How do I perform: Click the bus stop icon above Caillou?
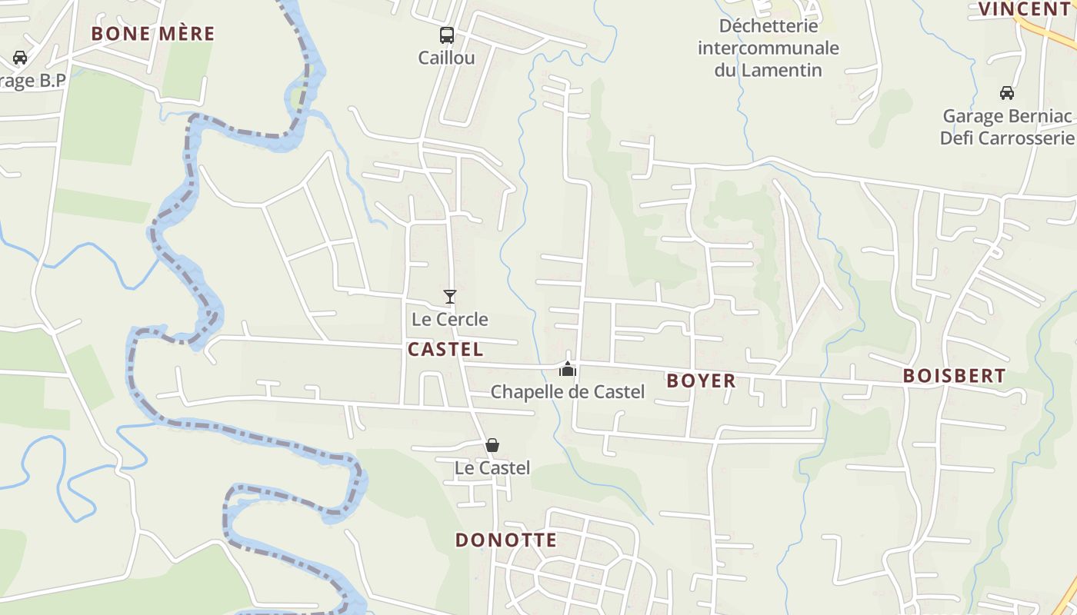point(446,35)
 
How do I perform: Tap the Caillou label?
point(446,58)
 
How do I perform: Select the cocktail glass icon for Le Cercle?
point(450,297)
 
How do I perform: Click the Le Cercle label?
point(450,319)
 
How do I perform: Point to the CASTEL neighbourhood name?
point(445,350)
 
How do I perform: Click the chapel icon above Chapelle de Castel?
point(568,369)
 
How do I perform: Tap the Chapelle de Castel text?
point(568,392)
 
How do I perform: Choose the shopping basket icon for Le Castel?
point(492,445)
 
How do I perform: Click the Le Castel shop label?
point(492,467)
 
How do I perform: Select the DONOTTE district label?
point(506,540)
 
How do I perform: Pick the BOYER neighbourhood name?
point(701,381)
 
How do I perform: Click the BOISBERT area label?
point(954,376)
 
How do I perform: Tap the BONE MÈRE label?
point(153,34)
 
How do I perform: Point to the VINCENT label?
point(1024,9)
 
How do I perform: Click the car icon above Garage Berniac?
point(1006,93)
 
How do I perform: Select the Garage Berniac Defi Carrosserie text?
point(1007,127)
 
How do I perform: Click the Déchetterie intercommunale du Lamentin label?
point(768,48)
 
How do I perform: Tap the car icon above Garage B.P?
point(20,58)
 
